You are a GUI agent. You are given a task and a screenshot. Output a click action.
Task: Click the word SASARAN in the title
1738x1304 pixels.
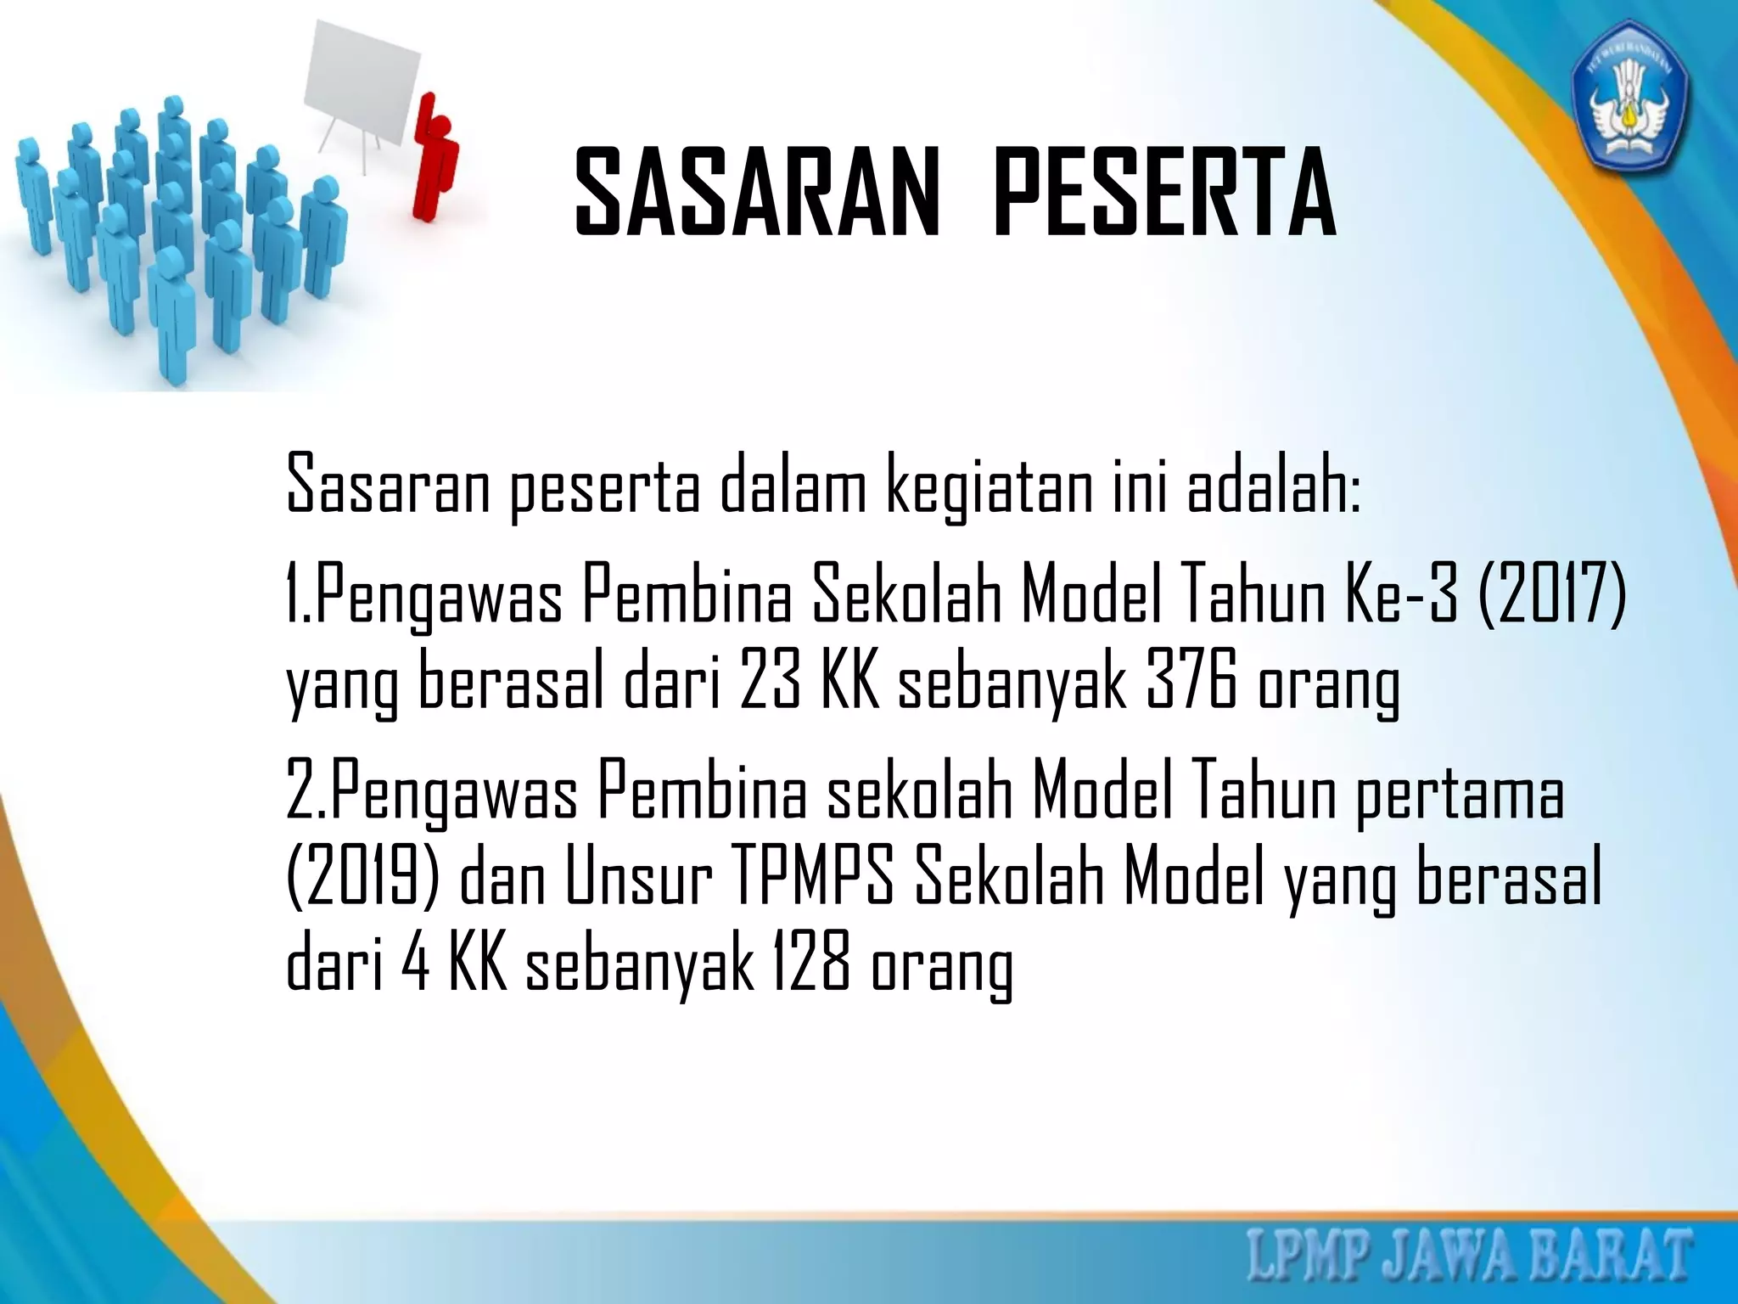click(x=758, y=193)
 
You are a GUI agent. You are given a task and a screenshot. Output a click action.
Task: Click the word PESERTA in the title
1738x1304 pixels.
click(x=1164, y=193)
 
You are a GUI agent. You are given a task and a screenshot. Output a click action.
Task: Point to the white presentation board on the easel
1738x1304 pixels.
click(x=362, y=88)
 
